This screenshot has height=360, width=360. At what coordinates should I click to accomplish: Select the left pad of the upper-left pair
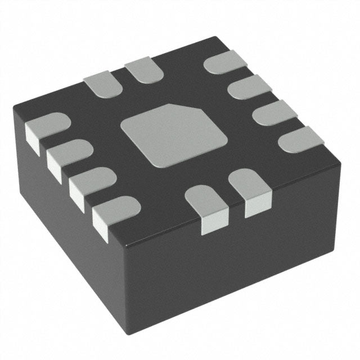[x=101, y=85]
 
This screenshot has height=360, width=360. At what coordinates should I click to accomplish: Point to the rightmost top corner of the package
[x=340, y=160]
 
